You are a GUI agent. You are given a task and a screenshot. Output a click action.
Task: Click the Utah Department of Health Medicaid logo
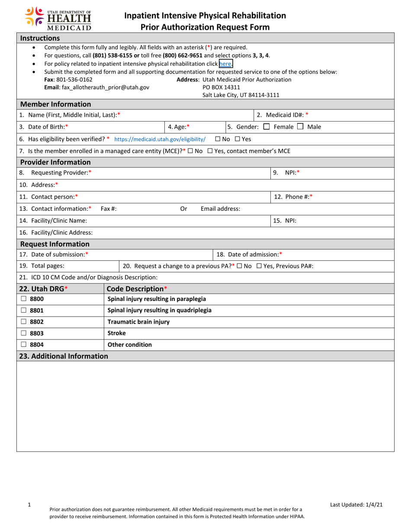click(58, 19)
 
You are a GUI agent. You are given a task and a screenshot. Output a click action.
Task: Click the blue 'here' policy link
click(225, 64)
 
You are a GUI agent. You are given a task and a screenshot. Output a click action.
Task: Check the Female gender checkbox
click(267, 127)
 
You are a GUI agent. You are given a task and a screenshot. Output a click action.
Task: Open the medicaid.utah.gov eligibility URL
click(160, 139)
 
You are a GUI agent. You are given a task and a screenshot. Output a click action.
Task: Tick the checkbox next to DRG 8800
click(24, 299)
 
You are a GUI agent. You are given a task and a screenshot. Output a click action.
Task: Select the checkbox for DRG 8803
click(24, 333)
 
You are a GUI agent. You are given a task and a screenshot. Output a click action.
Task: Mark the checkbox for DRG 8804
click(24, 345)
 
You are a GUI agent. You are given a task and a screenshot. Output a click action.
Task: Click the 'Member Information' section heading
click(56, 104)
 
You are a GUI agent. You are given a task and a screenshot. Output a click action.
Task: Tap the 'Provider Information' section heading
click(56, 162)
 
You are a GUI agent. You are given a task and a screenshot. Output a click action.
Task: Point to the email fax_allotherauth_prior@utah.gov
click(96, 87)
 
